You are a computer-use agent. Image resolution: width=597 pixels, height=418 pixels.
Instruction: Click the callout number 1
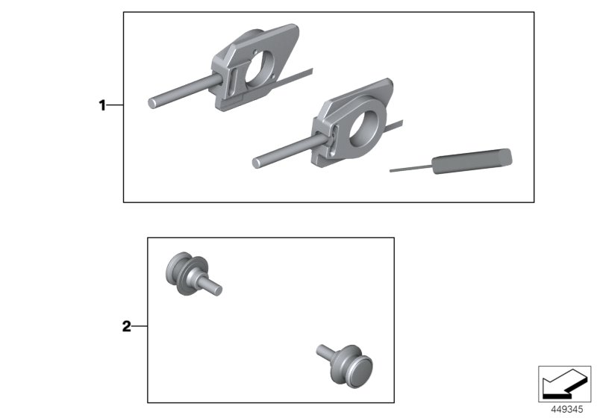pos(102,106)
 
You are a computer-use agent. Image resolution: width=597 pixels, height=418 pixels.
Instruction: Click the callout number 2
pos(126,326)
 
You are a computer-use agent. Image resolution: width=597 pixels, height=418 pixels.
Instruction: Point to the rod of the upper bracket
pos(178,93)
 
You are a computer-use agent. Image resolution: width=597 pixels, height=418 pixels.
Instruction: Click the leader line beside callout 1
pos(115,106)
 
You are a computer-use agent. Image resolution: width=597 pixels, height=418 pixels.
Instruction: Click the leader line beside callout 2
pos(140,326)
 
